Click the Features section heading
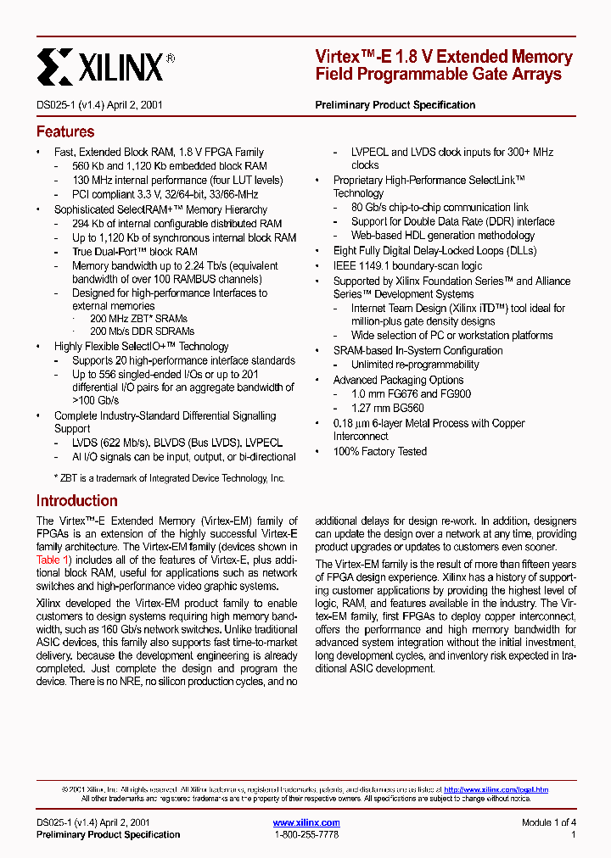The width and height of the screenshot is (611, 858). click(65, 132)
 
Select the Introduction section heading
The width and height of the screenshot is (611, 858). click(76, 501)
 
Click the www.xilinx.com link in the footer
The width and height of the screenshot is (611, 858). click(306, 822)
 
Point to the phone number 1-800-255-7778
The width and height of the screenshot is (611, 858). click(306, 835)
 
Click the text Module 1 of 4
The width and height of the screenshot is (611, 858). click(548, 822)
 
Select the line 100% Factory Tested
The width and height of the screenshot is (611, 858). click(379, 452)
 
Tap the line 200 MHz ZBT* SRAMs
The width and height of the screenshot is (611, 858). click(142, 318)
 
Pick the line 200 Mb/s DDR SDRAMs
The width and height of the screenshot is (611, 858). click(142, 331)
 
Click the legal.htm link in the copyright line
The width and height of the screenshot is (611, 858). click(496, 789)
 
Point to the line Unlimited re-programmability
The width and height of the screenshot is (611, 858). click(415, 365)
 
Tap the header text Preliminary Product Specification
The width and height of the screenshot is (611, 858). click(395, 105)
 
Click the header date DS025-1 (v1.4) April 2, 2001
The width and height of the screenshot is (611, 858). click(99, 105)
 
